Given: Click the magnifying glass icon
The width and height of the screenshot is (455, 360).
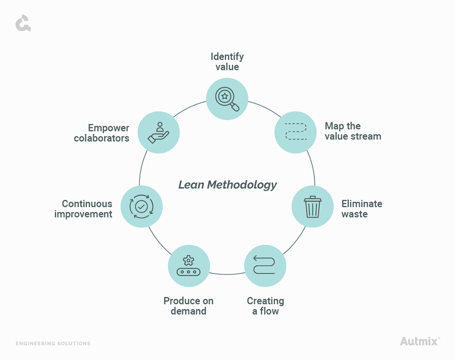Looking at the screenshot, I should (x=227, y=99).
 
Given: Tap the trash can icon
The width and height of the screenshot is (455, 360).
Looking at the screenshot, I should (x=312, y=207).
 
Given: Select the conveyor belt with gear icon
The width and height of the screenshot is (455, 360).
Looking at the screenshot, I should (x=188, y=266).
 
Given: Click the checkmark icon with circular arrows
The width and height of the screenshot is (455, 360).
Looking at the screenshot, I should (x=141, y=206).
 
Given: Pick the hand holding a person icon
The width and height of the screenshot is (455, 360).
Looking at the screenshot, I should (x=159, y=132).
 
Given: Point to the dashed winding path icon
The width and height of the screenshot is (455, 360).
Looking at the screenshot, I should (x=295, y=132).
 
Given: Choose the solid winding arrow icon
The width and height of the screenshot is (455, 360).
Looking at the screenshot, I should (x=265, y=265).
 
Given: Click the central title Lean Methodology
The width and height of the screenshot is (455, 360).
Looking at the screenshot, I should (x=227, y=184).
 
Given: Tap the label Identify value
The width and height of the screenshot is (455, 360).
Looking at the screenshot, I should (x=227, y=62).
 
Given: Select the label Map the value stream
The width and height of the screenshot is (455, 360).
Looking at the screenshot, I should (x=353, y=131).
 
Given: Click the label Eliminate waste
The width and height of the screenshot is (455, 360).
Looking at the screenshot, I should (x=362, y=209).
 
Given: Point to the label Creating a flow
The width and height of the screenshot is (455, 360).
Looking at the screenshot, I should (x=265, y=306).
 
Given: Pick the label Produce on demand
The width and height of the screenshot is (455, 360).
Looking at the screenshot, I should (x=188, y=306).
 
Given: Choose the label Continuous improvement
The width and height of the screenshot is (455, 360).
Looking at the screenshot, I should (x=84, y=209).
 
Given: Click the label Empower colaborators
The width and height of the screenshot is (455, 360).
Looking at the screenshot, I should (x=102, y=133).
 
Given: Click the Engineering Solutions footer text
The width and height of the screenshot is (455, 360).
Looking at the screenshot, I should (x=53, y=344).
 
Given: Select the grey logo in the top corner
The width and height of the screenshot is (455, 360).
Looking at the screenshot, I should (x=23, y=23).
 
